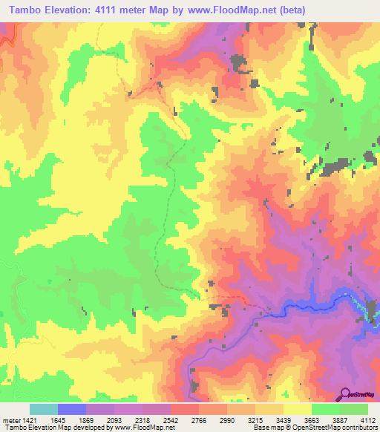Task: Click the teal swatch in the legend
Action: pos(44,409)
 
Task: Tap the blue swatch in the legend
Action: pos(72,409)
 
